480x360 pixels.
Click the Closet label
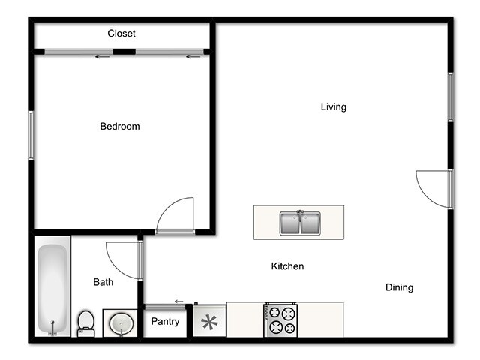tap(121, 34)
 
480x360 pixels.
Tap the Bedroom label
tap(120, 127)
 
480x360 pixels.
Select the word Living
tap(334, 107)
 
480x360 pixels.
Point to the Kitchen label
tap(287, 266)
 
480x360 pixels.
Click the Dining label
tap(399, 287)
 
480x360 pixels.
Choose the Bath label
tap(103, 283)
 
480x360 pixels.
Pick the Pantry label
tap(165, 322)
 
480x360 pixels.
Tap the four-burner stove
tap(280, 319)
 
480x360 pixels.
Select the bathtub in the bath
tap(53, 289)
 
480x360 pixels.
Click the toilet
tap(85, 323)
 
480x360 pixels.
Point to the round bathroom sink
tap(120, 324)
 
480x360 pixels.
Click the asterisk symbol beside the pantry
tap(208, 322)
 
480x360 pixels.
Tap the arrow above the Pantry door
tap(178, 301)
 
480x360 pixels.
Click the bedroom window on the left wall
tap(31, 135)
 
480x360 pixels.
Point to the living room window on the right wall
tap(451, 96)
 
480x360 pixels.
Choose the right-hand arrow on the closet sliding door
tap(193, 55)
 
